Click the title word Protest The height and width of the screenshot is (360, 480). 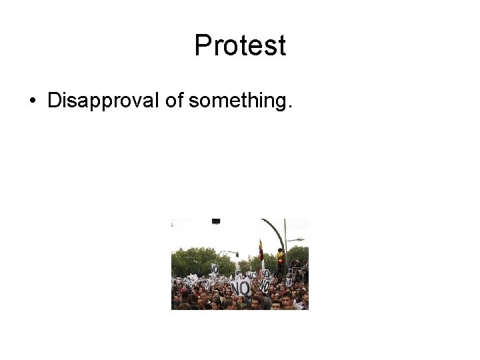(x=240, y=46)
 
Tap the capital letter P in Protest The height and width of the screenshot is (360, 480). (x=202, y=46)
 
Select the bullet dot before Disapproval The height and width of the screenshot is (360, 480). (x=32, y=101)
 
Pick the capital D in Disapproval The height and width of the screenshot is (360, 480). (x=53, y=101)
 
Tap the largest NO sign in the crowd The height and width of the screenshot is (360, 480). (x=240, y=287)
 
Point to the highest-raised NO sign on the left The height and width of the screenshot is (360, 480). (x=215, y=268)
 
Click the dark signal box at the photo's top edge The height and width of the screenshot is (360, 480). (x=215, y=221)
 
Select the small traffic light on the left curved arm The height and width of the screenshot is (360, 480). (x=236, y=254)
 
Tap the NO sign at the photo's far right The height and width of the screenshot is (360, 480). (x=289, y=282)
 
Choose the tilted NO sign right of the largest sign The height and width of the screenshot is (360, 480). (x=265, y=285)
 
